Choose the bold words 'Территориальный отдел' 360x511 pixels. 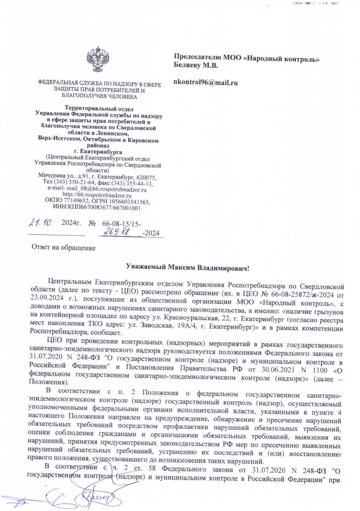tap(97, 107)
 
